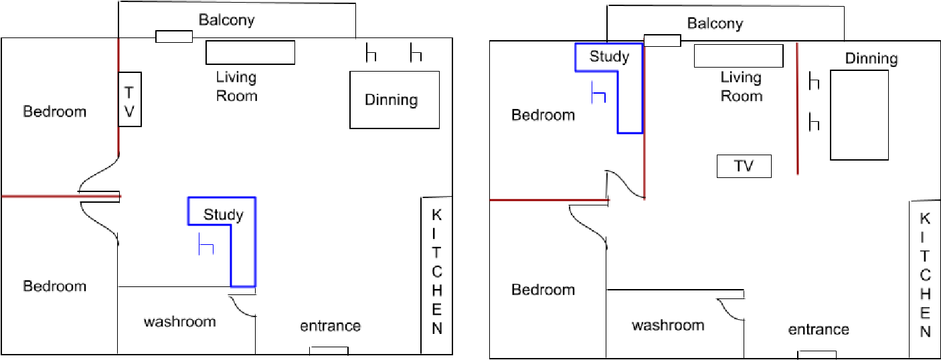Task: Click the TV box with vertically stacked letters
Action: [130, 99]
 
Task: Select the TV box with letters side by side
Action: [744, 166]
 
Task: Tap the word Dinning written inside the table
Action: [391, 100]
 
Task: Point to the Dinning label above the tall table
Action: [871, 59]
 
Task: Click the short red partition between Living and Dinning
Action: [797, 108]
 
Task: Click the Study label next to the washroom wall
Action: [224, 215]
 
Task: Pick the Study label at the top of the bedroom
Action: [609, 57]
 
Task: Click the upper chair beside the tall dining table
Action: [814, 82]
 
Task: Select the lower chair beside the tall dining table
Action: [814, 122]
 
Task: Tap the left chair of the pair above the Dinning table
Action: [371, 54]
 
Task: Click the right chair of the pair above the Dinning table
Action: [415, 54]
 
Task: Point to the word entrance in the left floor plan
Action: [330, 326]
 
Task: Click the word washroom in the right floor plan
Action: [668, 325]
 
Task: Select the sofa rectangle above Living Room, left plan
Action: [250, 53]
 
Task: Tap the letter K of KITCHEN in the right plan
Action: [925, 219]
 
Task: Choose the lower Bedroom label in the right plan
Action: [543, 290]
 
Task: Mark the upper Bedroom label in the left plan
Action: [55, 111]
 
